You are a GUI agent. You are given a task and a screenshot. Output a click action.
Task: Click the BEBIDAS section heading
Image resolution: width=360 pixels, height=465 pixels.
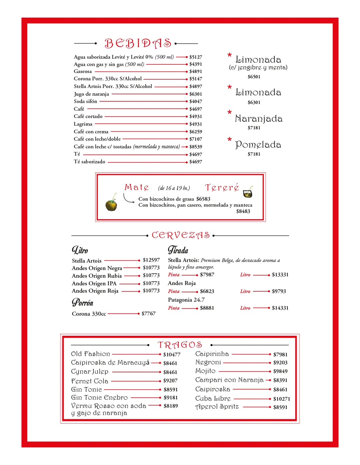138,43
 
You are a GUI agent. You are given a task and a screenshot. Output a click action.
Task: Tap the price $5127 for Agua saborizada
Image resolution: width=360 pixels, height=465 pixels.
196,57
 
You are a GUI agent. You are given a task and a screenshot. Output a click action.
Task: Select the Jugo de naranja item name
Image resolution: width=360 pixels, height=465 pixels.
91,94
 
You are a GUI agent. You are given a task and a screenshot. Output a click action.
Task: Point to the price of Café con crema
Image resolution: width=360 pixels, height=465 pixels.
196,132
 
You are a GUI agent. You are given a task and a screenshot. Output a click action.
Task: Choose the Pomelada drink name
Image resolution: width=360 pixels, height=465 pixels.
258,145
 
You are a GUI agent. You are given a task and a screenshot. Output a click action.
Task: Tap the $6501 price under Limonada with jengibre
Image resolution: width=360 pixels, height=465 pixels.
254,77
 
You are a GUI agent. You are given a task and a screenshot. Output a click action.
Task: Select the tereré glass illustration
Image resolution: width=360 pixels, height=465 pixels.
248,192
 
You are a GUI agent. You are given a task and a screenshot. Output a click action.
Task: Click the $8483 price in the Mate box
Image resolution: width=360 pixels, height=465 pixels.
243,211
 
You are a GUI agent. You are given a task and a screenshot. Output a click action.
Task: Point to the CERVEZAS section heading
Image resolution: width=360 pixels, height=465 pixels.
181,235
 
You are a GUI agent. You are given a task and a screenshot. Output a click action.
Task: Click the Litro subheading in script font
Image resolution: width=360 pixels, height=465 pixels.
80,250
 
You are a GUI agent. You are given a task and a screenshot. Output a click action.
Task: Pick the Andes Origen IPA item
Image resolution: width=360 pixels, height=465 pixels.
94,283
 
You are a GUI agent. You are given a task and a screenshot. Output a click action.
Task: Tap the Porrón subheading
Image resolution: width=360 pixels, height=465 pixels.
82,303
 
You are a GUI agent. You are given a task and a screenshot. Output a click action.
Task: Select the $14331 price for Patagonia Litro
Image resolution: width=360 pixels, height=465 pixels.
280,308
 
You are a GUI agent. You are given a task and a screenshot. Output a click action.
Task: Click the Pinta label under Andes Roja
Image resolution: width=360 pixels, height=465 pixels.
174,291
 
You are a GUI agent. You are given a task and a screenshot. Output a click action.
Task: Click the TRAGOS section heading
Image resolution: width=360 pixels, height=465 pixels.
180,345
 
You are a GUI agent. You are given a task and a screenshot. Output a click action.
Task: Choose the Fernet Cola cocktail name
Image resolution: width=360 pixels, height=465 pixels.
90,381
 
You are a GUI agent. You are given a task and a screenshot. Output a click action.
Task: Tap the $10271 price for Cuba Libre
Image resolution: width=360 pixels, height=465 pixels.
282,399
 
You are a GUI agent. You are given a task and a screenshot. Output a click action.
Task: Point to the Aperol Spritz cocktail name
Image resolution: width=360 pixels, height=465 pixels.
217,407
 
